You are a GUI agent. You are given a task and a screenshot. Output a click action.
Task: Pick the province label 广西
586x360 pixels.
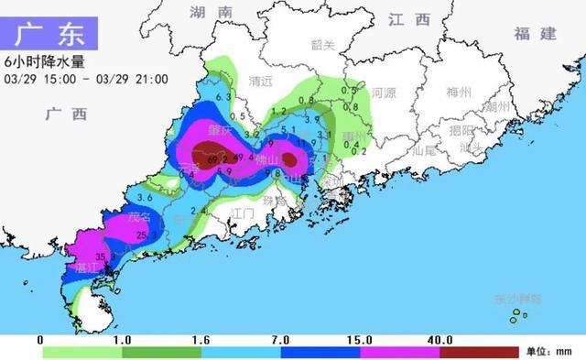click(66, 115)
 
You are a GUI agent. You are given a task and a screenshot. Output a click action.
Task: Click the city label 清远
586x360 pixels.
click(261, 81)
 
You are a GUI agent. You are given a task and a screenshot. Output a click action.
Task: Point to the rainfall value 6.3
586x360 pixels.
click(223, 97)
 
